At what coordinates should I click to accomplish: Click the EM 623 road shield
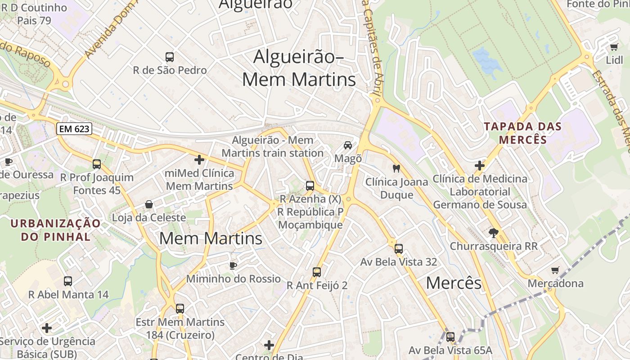[x=74, y=129]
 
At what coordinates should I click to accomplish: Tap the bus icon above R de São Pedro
[x=170, y=57]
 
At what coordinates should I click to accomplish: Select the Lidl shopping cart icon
[x=614, y=47]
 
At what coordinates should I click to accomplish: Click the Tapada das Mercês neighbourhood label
[x=523, y=133]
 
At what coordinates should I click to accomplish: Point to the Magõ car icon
[x=348, y=145]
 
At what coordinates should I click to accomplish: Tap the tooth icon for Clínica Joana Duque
[x=396, y=169]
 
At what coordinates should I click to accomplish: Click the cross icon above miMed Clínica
[x=199, y=160]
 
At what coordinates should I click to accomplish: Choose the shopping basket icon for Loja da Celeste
[x=149, y=205]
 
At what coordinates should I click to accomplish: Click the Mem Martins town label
[x=211, y=238]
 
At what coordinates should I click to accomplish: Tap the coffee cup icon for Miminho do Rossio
[x=233, y=265]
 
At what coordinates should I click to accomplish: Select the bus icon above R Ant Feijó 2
[x=317, y=272]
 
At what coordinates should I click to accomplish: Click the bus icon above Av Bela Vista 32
[x=398, y=248]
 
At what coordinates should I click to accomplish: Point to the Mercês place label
[x=454, y=283]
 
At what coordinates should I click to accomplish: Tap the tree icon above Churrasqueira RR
[x=494, y=233]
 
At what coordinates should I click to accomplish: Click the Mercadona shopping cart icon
[x=555, y=270]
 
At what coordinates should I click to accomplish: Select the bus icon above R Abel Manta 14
[x=68, y=281]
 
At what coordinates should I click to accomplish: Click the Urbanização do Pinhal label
[x=56, y=230]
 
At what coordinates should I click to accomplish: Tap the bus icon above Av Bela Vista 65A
[x=450, y=337]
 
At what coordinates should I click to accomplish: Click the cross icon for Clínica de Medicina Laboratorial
[x=480, y=166]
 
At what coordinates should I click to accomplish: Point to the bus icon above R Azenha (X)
[x=310, y=185]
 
